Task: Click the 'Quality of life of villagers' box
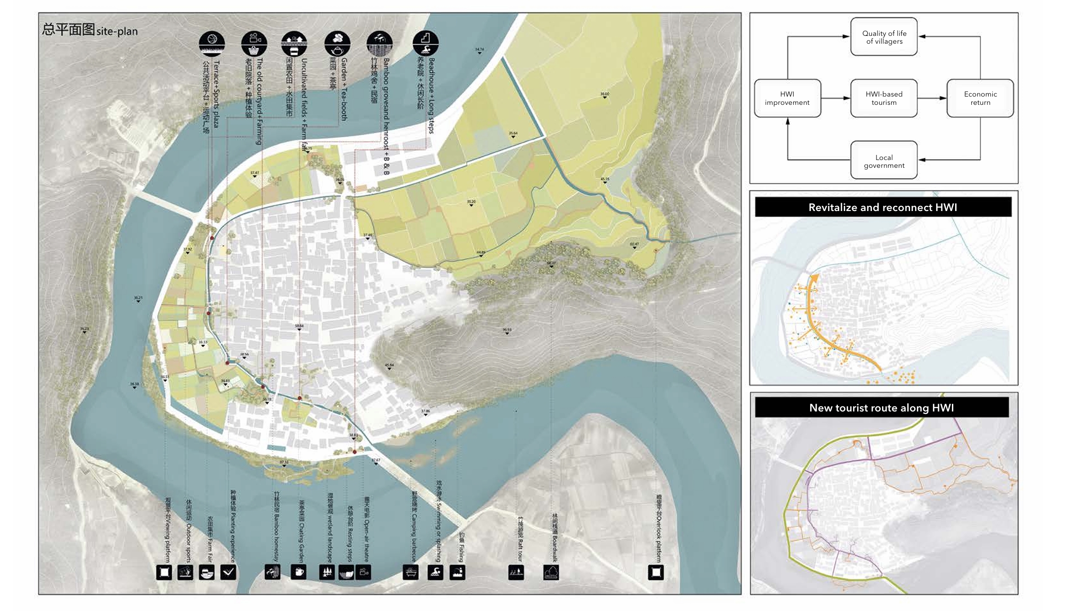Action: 883,37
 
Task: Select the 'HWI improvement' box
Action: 787,98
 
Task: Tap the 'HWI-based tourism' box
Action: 883,98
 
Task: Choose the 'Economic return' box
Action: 980,98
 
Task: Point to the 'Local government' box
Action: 883,161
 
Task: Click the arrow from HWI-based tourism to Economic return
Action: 932,98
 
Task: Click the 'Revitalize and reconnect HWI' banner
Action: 882,207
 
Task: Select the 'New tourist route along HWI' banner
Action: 881,408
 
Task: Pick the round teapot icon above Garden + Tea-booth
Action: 337,43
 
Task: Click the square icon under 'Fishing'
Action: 457,572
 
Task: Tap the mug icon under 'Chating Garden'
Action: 298,572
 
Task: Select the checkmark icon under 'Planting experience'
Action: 228,572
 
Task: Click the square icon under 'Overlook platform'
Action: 656,572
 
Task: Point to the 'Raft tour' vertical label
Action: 520,538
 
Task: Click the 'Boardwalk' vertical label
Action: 555,538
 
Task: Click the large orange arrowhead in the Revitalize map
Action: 813,279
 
